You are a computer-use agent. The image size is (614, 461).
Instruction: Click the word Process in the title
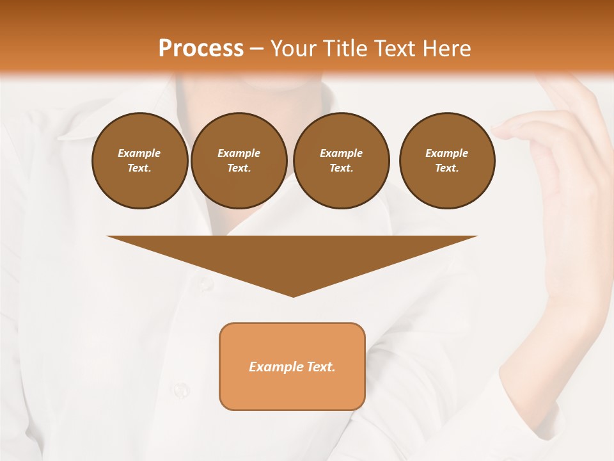pos(201,49)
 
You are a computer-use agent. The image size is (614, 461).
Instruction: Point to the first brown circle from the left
pos(139,161)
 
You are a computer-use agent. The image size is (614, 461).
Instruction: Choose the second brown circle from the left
pos(239,161)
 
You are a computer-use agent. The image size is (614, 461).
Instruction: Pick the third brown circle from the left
pos(341,161)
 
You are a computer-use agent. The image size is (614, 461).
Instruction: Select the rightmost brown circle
pos(446,161)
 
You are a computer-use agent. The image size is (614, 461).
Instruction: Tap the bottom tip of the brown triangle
pos(293,295)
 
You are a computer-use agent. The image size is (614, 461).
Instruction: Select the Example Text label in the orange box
pos(292,367)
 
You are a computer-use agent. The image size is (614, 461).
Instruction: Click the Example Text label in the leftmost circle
pos(139,161)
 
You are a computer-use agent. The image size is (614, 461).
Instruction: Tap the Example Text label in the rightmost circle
pos(446,161)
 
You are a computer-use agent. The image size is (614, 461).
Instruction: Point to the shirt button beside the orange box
pos(181,389)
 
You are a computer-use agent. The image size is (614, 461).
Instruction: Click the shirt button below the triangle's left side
pos(205,282)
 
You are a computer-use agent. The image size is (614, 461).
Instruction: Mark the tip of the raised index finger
pos(496,131)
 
